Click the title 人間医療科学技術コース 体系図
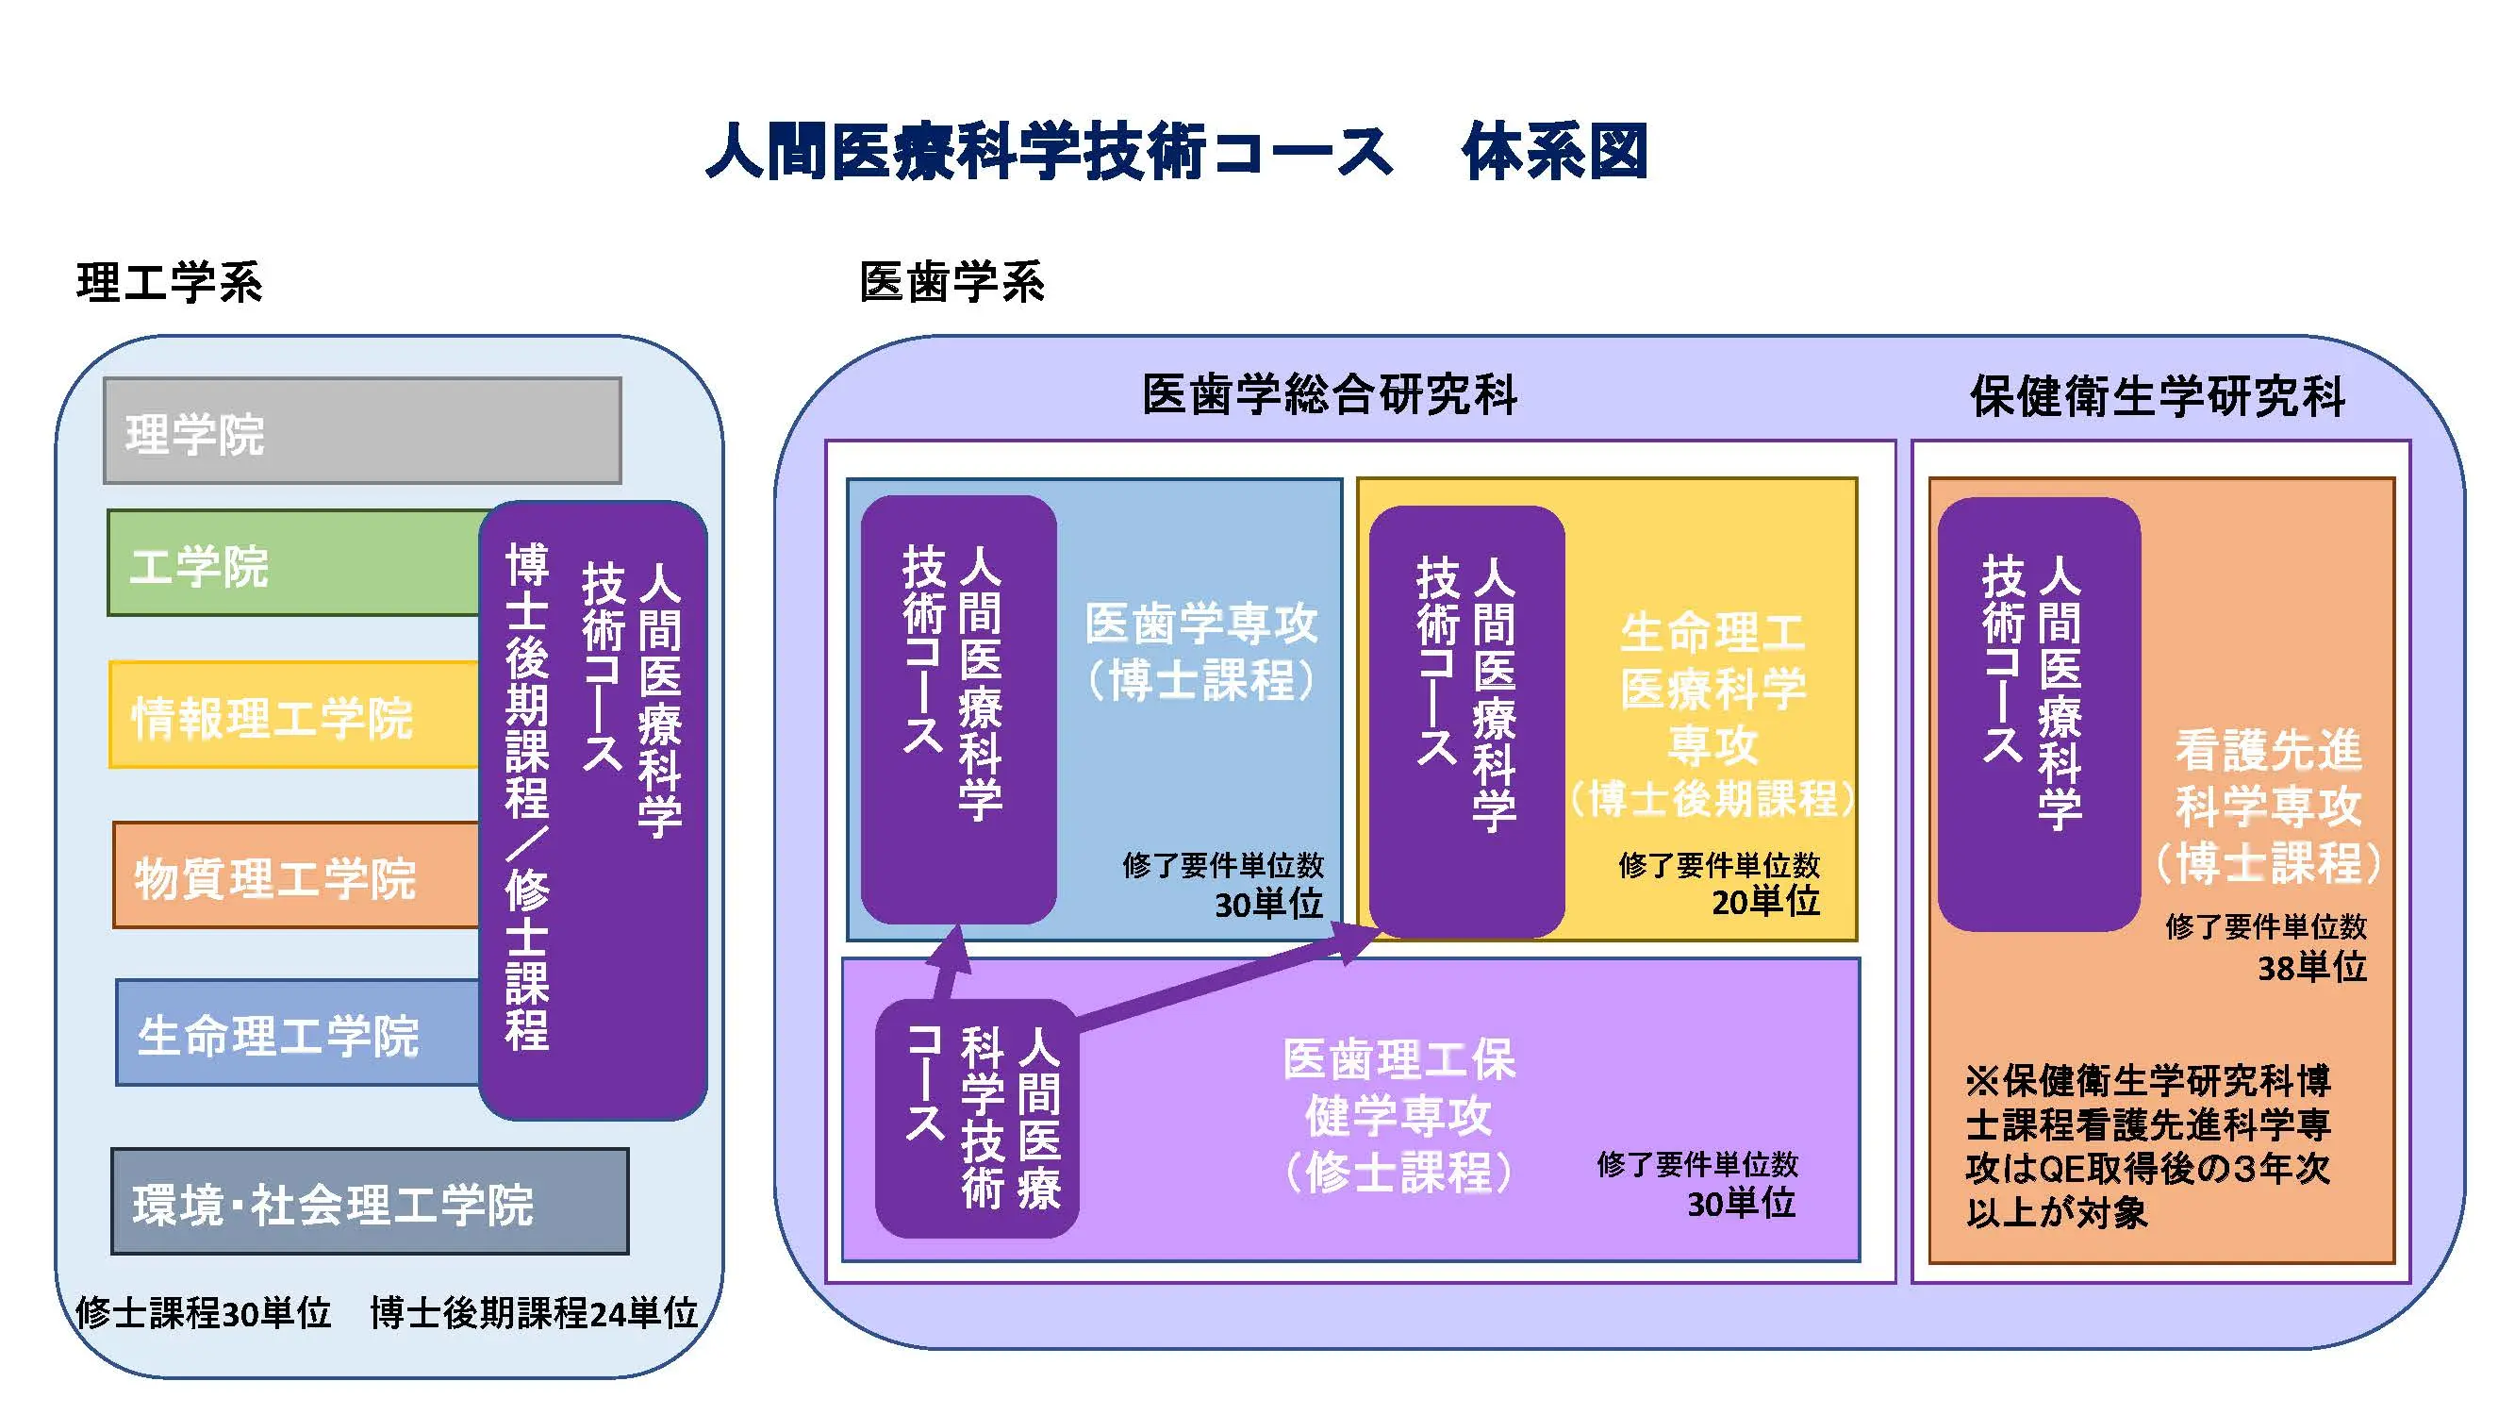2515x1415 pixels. [1177, 152]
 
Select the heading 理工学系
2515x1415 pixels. [169, 283]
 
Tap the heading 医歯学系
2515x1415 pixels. [951, 283]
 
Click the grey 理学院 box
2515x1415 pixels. [361, 432]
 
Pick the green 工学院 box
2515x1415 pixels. [293, 564]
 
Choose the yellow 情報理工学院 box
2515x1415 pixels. [293, 716]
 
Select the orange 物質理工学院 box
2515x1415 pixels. [293, 876]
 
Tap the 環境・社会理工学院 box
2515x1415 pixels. [369, 1202]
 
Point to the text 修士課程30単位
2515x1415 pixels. [203, 1312]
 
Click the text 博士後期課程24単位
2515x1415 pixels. [533, 1312]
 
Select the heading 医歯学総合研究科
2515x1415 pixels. [1330, 395]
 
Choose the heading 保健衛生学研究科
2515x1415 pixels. [2158, 395]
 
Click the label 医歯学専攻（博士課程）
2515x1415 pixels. [1200, 651]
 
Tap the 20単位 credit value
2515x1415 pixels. [1765, 900]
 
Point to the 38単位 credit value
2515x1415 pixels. [2312, 967]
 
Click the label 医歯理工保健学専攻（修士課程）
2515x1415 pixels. [1398, 1115]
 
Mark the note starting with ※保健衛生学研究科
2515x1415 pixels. [2148, 1146]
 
